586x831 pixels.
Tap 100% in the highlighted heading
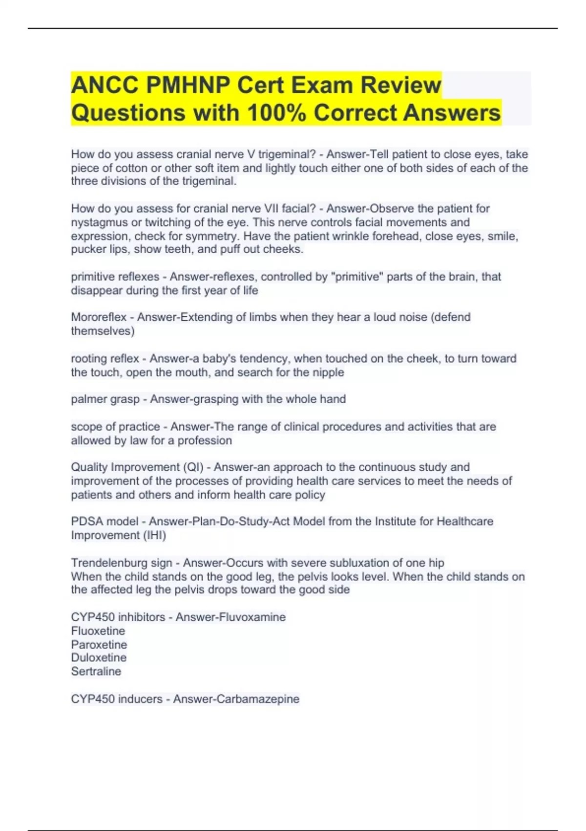click(276, 112)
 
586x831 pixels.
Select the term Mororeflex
click(99, 317)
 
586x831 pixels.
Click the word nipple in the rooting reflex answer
click(328, 372)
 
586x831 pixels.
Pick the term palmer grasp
click(105, 399)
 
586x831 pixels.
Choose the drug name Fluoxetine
click(98, 631)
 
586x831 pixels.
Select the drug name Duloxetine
click(99, 657)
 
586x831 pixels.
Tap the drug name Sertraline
click(96, 671)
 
